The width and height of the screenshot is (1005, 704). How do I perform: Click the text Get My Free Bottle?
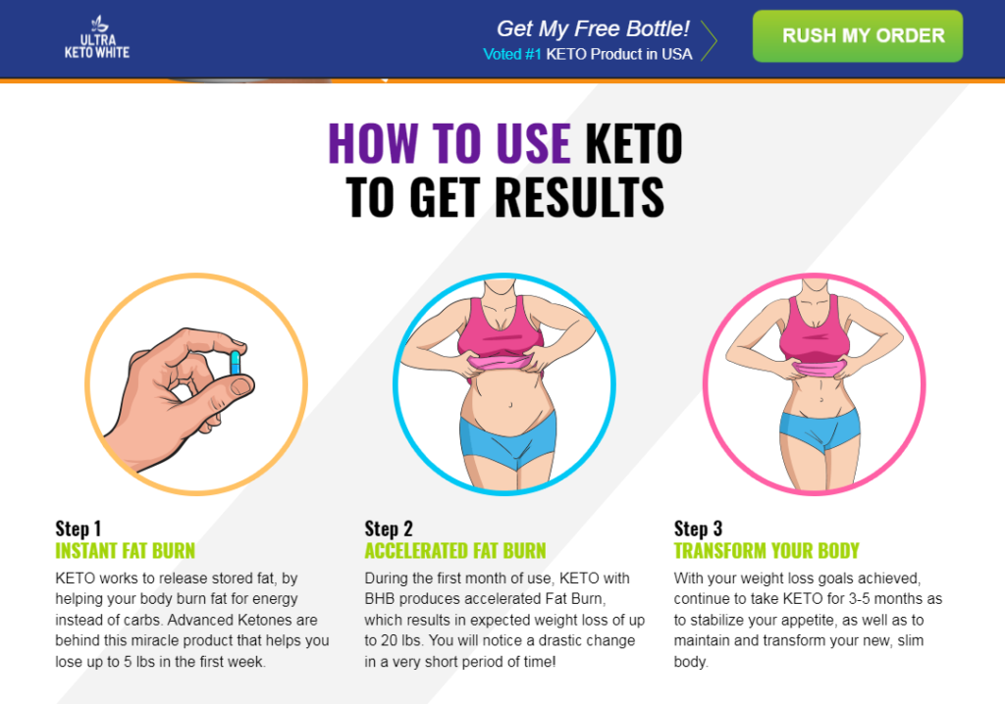pyautogui.click(x=593, y=29)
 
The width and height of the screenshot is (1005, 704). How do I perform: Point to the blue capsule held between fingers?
pyautogui.click(x=236, y=362)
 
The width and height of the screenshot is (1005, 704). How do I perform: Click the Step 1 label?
pyautogui.click(x=79, y=528)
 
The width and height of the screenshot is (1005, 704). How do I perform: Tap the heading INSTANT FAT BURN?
pyautogui.click(x=125, y=550)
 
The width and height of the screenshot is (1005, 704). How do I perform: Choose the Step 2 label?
pyautogui.click(x=389, y=528)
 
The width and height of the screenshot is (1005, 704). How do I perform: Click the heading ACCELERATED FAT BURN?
pyautogui.click(x=454, y=550)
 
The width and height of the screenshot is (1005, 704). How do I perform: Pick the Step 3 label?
pyautogui.click(x=698, y=528)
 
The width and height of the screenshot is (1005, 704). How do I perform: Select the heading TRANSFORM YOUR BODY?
pyautogui.click(x=767, y=550)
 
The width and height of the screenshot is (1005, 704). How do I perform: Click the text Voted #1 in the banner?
pyautogui.click(x=512, y=54)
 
